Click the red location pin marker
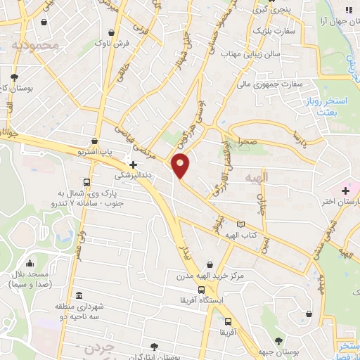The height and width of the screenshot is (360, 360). tap(181, 165)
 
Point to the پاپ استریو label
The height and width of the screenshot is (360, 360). tap(94, 151)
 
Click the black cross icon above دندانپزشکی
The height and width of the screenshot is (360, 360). tap(132, 165)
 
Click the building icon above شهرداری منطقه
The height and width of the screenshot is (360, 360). tap(78, 295)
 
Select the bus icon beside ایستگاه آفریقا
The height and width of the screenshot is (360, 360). tap(202, 290)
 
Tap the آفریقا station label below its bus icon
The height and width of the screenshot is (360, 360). tap(225, 331)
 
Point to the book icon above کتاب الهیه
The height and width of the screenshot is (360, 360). tap(241, 225)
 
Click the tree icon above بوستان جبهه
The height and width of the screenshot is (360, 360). tap(307, 314)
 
